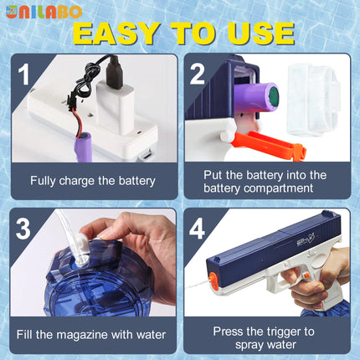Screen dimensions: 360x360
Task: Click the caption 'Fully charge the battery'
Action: coord(93,180)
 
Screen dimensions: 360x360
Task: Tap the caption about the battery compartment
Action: coord(265,181)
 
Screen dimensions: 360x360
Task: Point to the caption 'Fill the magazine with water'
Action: coord(93,335)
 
